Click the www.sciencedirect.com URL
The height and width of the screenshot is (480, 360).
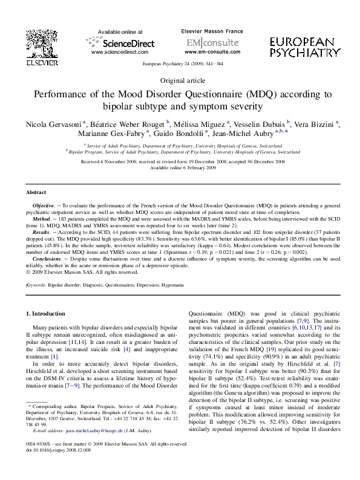119,53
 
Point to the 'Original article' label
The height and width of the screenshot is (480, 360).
180,80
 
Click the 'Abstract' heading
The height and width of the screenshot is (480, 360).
36,192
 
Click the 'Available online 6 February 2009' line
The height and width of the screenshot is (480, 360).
180,167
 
